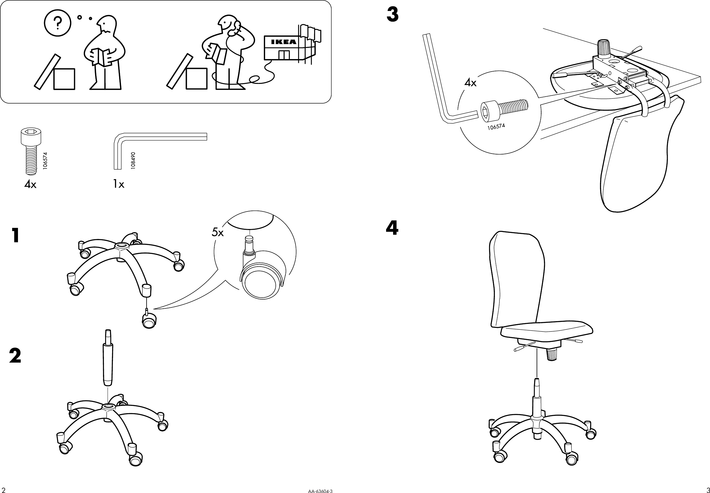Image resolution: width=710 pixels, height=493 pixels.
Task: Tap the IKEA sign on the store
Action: pyautogui.click(x=283, y=42)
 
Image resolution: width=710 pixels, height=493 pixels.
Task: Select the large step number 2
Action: pyautogui.click(x=15, y=356)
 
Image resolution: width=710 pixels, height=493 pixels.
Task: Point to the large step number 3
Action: pyautogui.click(x=392, y=15)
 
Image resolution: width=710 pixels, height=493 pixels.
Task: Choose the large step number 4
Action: pyautogui.click(x=392, y=228)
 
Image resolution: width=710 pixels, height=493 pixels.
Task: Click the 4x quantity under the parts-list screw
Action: pyautogui.click(x=30, y=185)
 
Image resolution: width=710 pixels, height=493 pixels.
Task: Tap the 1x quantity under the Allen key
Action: pyautogui.click(x=119, y=184)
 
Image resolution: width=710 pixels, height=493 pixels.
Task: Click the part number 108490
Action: pyautogui.click(x=133, y=160)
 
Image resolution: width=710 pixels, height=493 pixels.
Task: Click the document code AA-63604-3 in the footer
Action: pyautogui.click(x=320, y=490)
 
